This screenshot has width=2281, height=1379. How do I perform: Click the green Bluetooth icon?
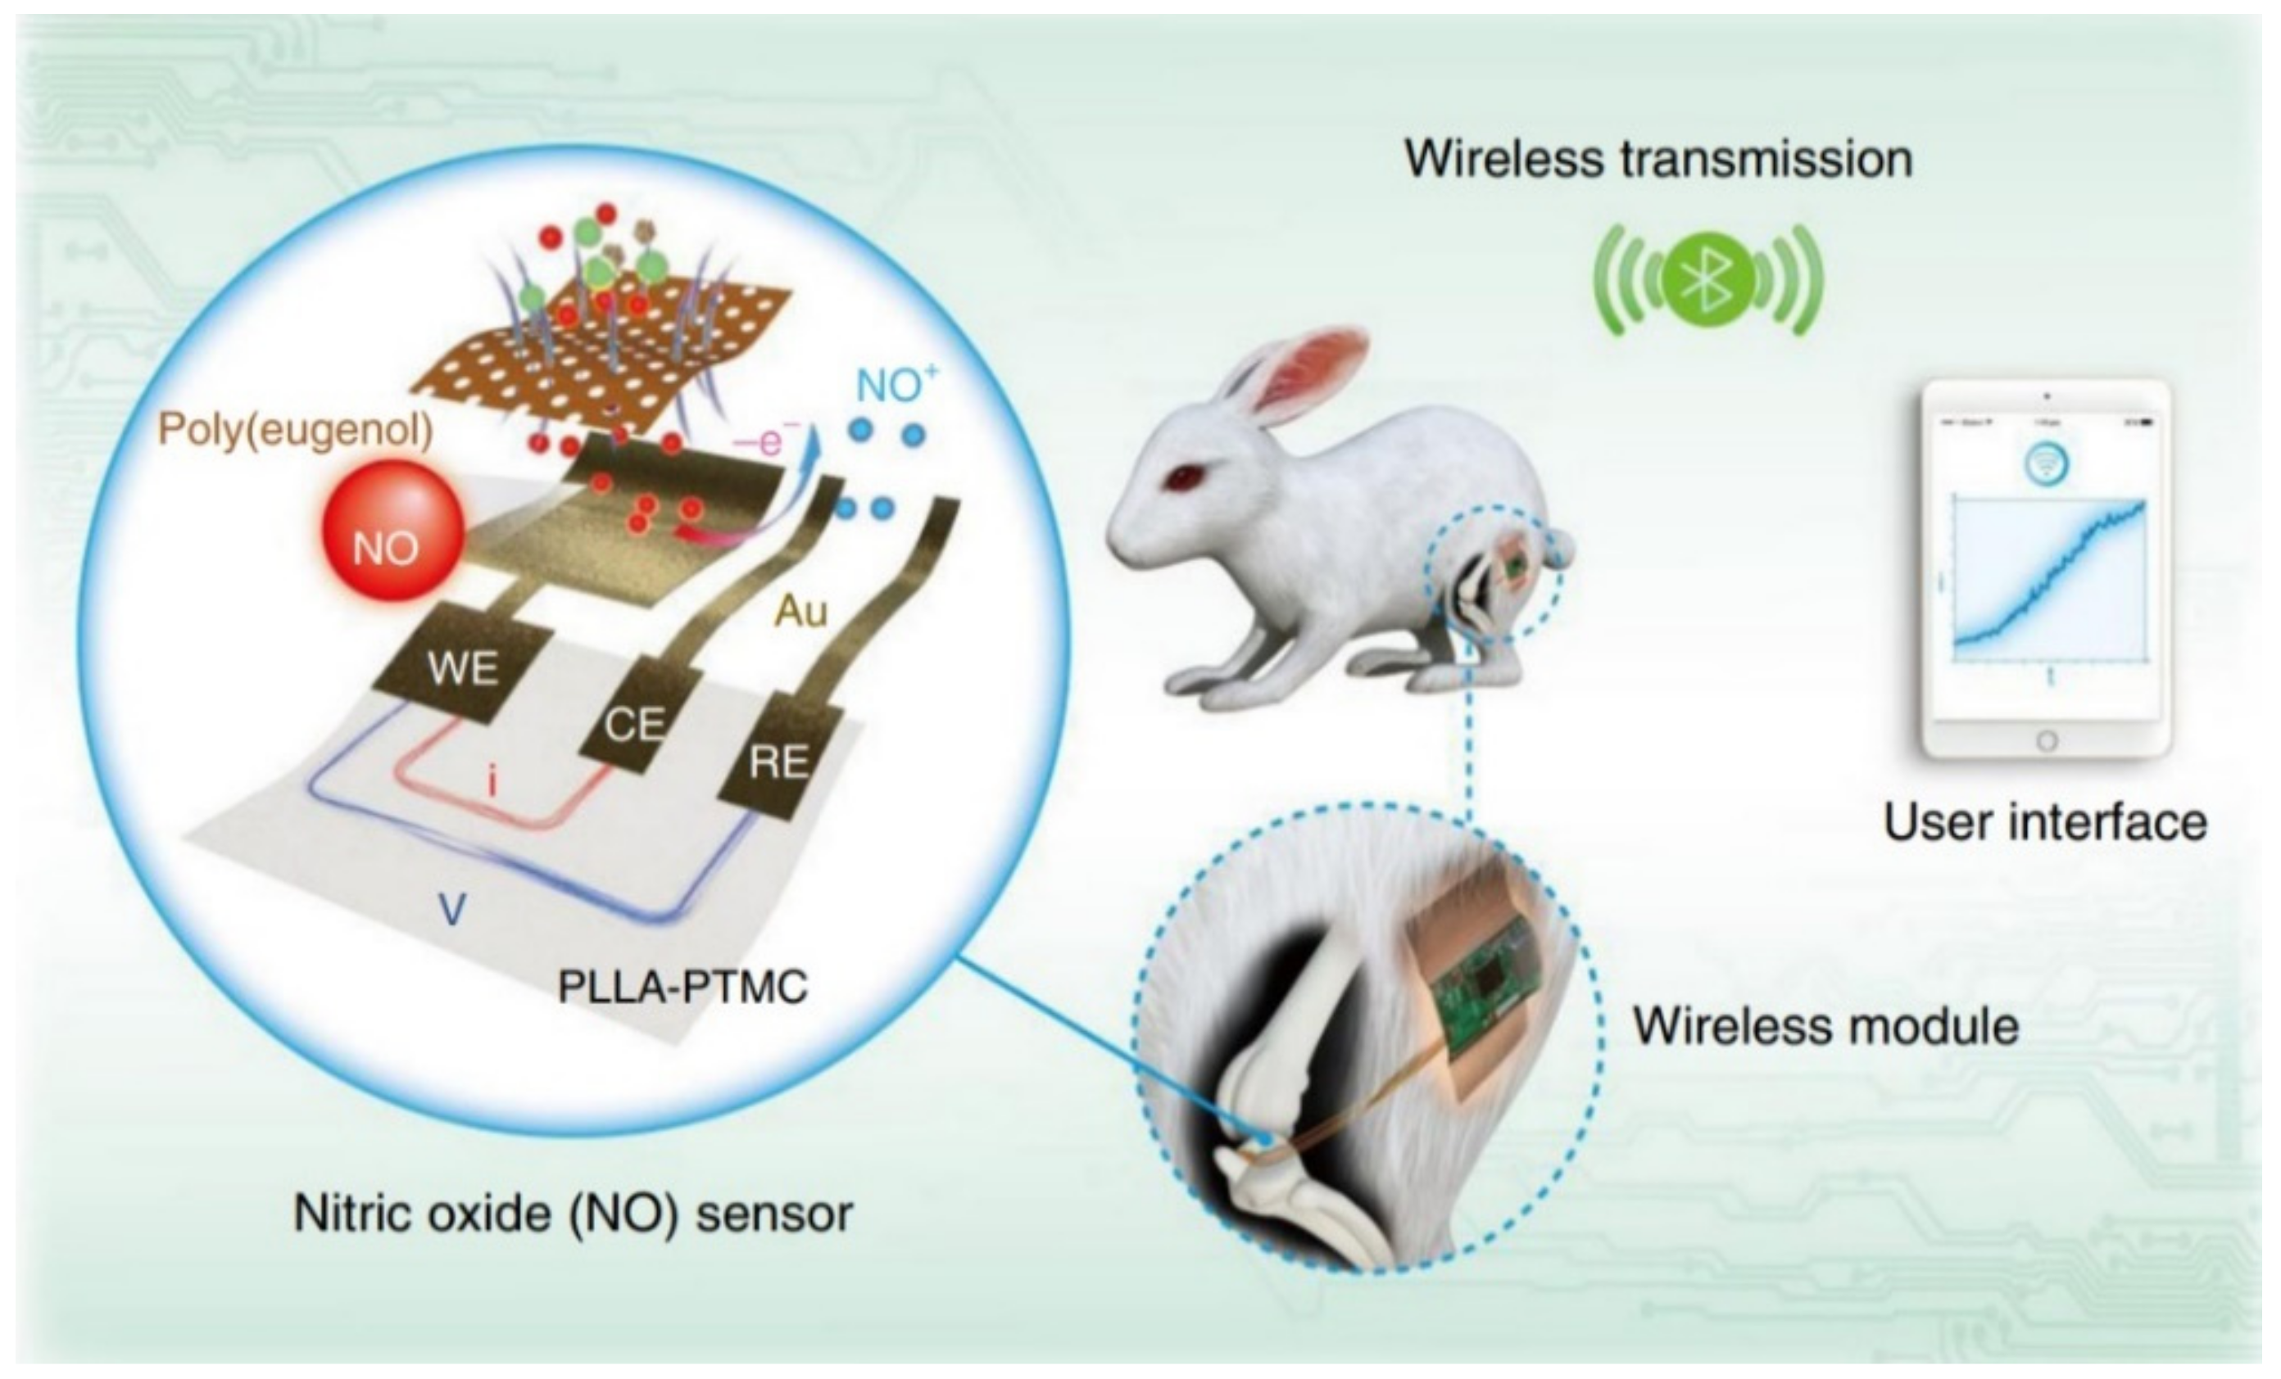(1708, 278)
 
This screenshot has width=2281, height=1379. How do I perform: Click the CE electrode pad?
(634, 722)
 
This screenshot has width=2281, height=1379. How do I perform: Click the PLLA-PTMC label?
(682, 988)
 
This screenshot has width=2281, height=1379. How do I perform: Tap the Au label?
(800, 611)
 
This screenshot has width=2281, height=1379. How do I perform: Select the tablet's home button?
(2047, 740)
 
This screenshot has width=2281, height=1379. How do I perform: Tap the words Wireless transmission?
(1659, 159)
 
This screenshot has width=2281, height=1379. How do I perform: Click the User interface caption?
(2045, 822)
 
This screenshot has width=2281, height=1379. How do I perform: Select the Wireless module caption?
(1825, 1025)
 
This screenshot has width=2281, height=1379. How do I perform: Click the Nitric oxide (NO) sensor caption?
(573, 1213)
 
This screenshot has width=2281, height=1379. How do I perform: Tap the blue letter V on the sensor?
(451, 911)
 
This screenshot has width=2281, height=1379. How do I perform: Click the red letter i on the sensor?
(492, 783)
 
